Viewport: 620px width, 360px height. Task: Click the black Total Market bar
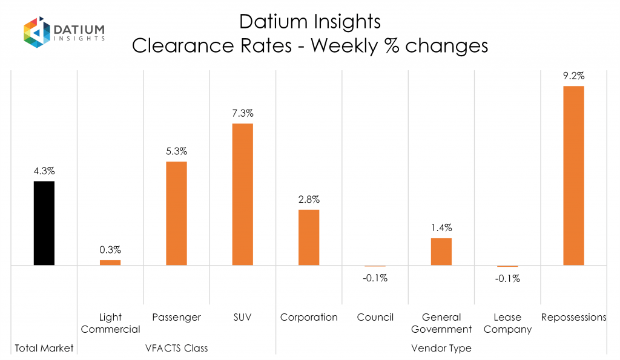(x=44, y=223)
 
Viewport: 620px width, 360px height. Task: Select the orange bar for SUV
(x=242, y=194)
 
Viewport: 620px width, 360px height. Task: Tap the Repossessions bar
(x=573, y=175)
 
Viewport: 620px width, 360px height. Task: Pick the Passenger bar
(x=176, y=213)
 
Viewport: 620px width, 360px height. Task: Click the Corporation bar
(x=309, y=237)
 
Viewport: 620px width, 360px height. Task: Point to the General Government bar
(x=441, y=251)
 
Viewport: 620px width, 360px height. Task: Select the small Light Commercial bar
(x=110, y=263)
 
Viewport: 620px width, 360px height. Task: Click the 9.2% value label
(x=573, y=76)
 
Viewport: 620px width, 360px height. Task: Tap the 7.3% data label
(x=242, y=113)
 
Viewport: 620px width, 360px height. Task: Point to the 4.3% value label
(x=44, y=171)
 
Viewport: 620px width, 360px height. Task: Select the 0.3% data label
(x=110, y=250)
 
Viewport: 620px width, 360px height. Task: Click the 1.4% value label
(x=441, y=228)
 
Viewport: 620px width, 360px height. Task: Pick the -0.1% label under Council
(x=375, y=278)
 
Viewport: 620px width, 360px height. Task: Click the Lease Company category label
(x=507, y=323)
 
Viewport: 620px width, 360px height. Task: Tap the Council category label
(x=375, y=317)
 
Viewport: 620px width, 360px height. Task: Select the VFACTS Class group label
(x=176, y=348)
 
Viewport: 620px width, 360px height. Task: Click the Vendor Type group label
(x=441, y=348)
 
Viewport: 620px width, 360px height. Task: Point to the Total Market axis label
(x=44, y=348)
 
